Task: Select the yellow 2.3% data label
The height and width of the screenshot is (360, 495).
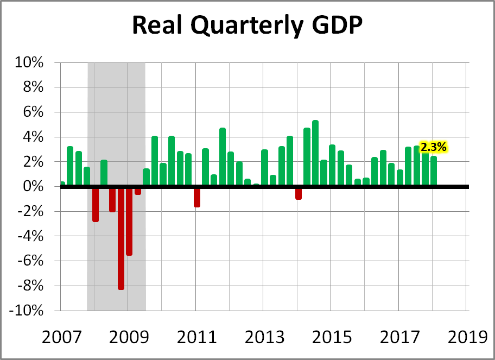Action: tap(434, 147)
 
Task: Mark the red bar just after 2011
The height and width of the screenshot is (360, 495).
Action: tap(197, 197)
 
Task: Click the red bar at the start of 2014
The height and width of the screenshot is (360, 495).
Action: tap(299, 193)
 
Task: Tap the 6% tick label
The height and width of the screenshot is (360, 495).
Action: tap(34, 112)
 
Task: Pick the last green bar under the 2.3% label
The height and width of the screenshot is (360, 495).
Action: tap(434, 172)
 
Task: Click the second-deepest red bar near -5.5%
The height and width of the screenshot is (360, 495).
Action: tap(129, 221)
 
